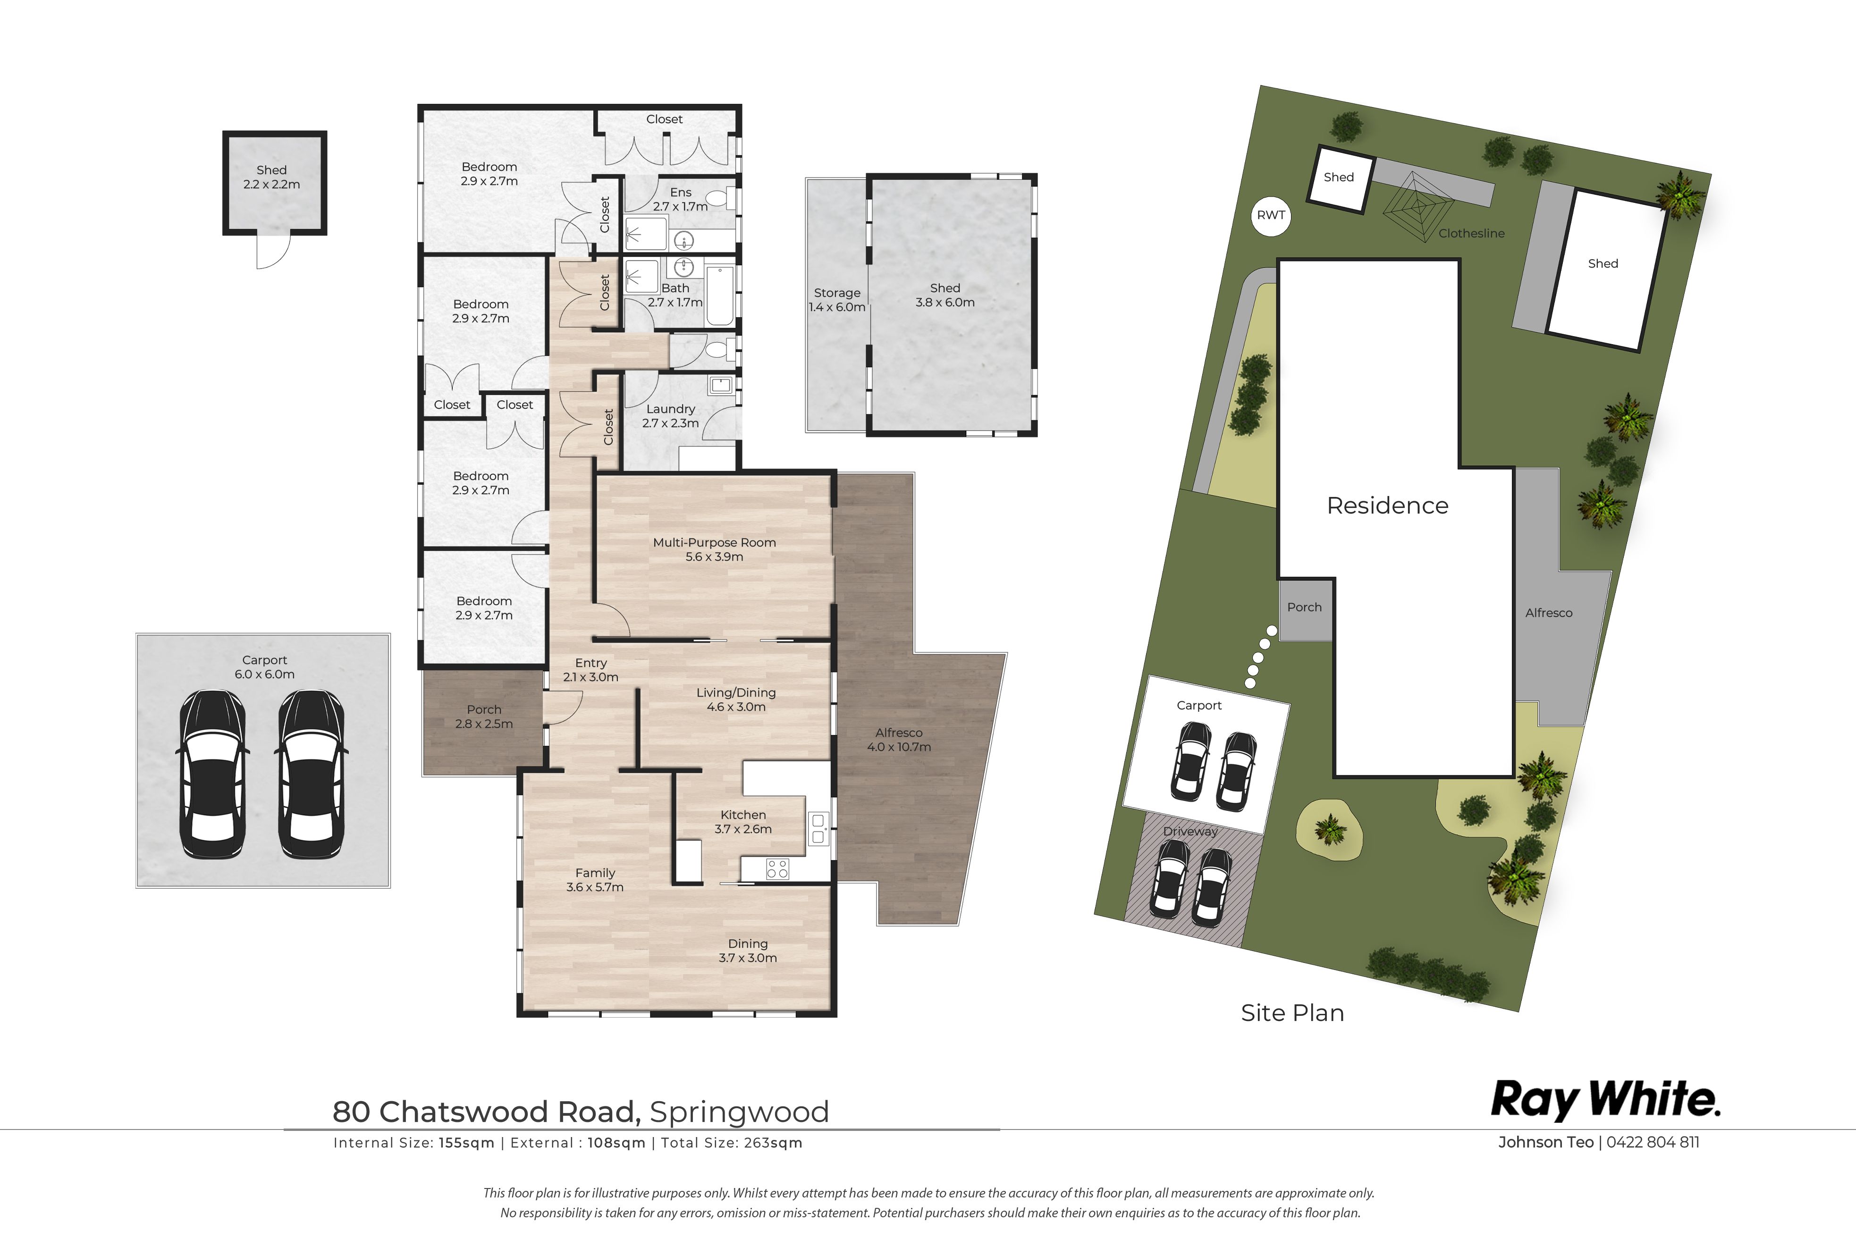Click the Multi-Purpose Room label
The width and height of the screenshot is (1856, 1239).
point(714,549)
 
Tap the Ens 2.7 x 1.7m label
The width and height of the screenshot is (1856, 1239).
point(680,199)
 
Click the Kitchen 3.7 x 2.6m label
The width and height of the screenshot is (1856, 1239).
point(742,822)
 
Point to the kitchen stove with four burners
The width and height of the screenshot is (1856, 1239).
point(777,869)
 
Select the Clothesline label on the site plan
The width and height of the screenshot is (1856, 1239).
point(1471,233)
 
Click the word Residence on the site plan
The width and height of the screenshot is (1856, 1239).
point(1387,506)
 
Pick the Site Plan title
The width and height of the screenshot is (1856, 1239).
point(1293,1013)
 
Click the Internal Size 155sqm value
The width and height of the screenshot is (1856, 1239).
point(467,1143)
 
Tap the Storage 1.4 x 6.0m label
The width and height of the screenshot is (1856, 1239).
point(837,299)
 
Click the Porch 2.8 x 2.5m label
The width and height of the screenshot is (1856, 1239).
point(483,716)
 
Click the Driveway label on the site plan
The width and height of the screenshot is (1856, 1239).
point(1190,831)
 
